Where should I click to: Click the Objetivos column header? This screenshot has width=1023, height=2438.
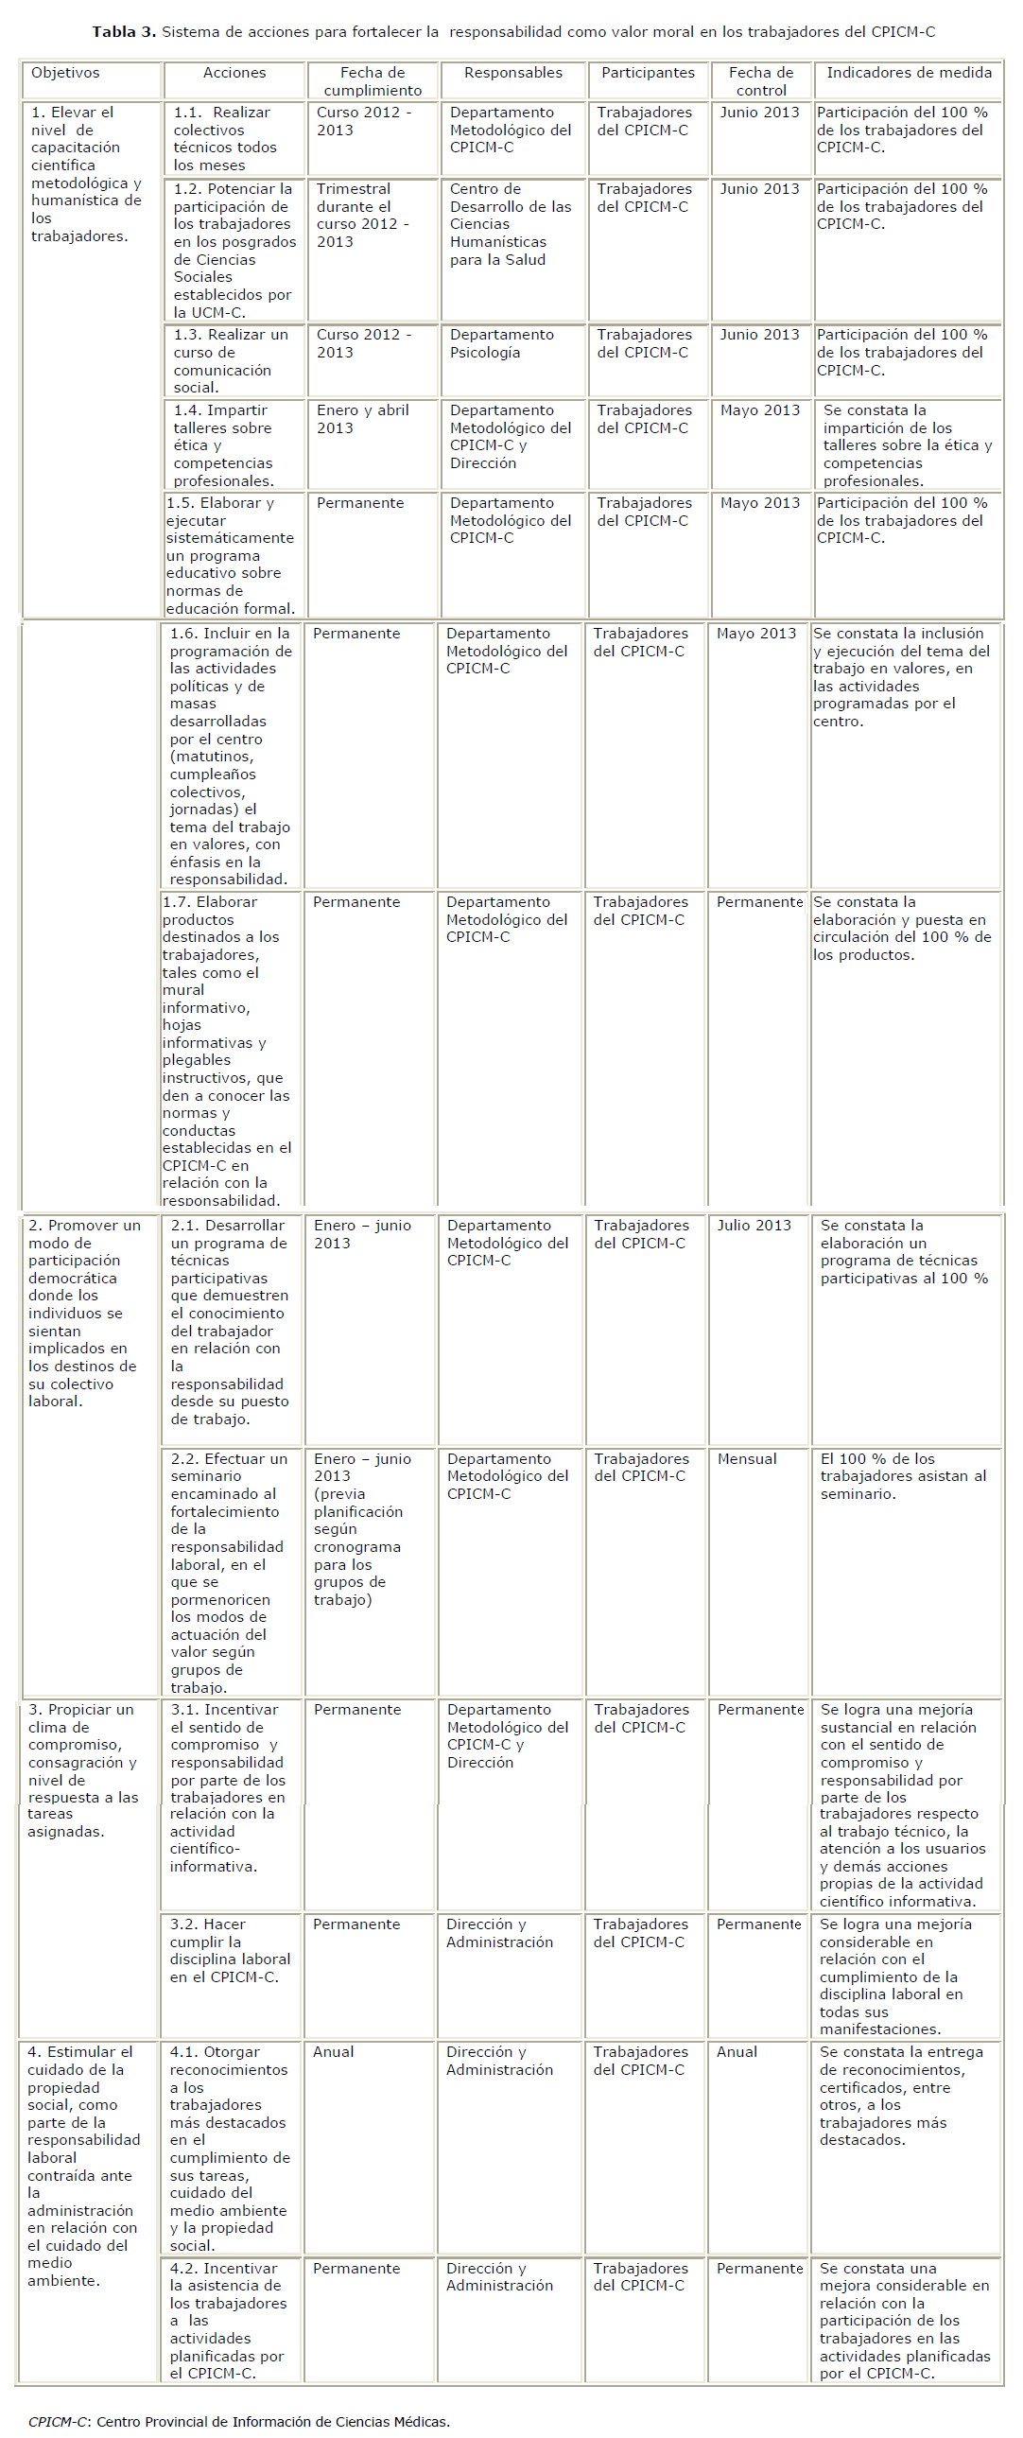pos(65,73)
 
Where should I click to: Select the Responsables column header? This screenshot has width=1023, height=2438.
pos(513,73)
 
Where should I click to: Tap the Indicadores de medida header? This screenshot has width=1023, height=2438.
pos(909,73)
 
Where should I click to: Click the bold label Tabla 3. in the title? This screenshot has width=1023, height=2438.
pos(124,32)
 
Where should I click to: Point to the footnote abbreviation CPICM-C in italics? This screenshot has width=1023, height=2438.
pos(59,2421)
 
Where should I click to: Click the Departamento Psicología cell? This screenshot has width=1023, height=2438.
pos(501,343)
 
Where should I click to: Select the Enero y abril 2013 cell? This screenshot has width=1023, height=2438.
pos(362,419)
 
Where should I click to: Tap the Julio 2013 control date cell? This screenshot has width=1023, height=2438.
pos(754,1226)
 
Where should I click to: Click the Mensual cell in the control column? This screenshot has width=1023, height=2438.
pos(747,1459)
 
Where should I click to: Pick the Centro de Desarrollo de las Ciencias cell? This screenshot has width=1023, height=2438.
pos(510,224)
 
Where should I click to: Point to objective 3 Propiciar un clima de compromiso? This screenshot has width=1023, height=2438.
pos(83,1770)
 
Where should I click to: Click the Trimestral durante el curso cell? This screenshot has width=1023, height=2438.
pos(362,216)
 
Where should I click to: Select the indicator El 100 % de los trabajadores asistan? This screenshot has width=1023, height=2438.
pos(903,1476)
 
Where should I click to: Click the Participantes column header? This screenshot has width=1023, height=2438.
pos(648,73)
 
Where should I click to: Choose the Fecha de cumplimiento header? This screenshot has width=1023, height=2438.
pos(373,81)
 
